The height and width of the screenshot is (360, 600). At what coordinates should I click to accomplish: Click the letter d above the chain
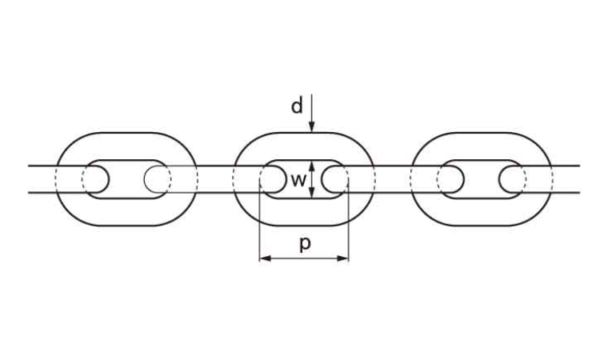(x=297, y=106)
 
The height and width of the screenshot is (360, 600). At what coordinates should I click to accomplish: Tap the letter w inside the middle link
(x=296, y=179)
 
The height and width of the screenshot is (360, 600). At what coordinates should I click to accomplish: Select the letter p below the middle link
(x=304, y=245)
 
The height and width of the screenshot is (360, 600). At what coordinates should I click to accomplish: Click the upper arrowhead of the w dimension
(x=313, y=165)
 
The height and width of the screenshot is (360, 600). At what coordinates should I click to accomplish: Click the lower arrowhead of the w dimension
(x=313, y=194)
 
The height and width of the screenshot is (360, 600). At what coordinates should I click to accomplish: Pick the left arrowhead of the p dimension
(x=263, y=258)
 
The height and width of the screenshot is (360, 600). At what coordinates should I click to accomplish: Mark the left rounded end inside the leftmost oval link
(x=95, y=179)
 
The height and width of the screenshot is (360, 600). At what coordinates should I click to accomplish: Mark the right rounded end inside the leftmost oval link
(x=158, y=179)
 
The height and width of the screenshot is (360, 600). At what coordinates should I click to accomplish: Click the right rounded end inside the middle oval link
(x=335, y=179)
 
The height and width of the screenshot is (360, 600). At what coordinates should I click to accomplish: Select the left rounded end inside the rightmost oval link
(x=450, y=179)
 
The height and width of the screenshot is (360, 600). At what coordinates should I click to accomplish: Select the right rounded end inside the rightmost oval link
(x=511, y=179)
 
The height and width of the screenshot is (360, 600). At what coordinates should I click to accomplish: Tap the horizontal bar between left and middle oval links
(x=214, y=179)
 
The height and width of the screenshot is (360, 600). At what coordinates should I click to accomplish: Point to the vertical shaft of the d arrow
(x=313, y=108)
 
